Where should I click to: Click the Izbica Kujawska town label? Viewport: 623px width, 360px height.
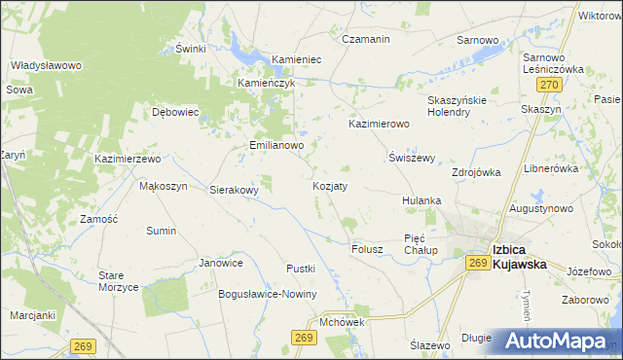click(x=524, y=255)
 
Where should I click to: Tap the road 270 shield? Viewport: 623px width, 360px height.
click(x=550, y=86)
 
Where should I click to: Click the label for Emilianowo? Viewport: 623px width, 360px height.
click(x=276, y=145)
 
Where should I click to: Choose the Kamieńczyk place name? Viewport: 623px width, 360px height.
click(x=266, y=83)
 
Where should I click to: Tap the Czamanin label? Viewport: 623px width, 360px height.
click(x=366, y=39)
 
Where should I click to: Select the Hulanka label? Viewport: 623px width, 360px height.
click(x=422, y=200)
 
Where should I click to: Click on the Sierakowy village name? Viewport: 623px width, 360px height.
click(x=235, y=191)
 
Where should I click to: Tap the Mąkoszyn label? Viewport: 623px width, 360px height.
click(x=163, y=186)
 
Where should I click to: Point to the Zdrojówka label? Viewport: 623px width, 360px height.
click(x=476, y=172)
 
